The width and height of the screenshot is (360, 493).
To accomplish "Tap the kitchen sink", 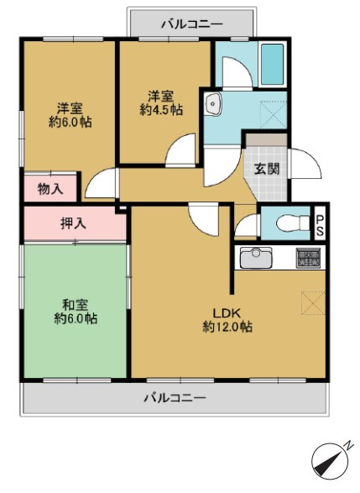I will pyautogui.click(x=254, y=257).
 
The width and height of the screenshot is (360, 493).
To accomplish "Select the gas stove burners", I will pyautogui.click(x=308, y=258).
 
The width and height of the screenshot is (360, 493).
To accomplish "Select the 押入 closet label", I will pyautogui.click(x=74, y=224).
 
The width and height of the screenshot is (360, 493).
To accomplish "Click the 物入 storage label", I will pyautogui.click(x=50, y=189).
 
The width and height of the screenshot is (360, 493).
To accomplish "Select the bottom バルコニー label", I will pyautogui.click(x=175, y=396).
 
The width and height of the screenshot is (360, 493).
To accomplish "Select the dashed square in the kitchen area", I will pyautogui.click(x=311, y=302).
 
